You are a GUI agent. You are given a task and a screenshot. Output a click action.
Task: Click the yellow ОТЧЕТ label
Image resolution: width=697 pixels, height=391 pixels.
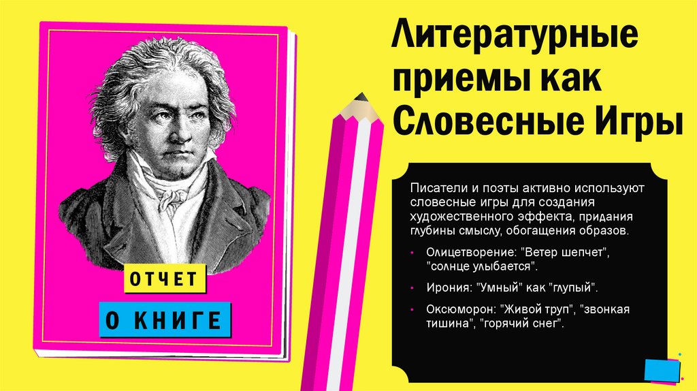pos(163,279)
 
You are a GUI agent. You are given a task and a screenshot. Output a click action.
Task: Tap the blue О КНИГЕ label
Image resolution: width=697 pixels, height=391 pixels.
pos(165,319)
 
